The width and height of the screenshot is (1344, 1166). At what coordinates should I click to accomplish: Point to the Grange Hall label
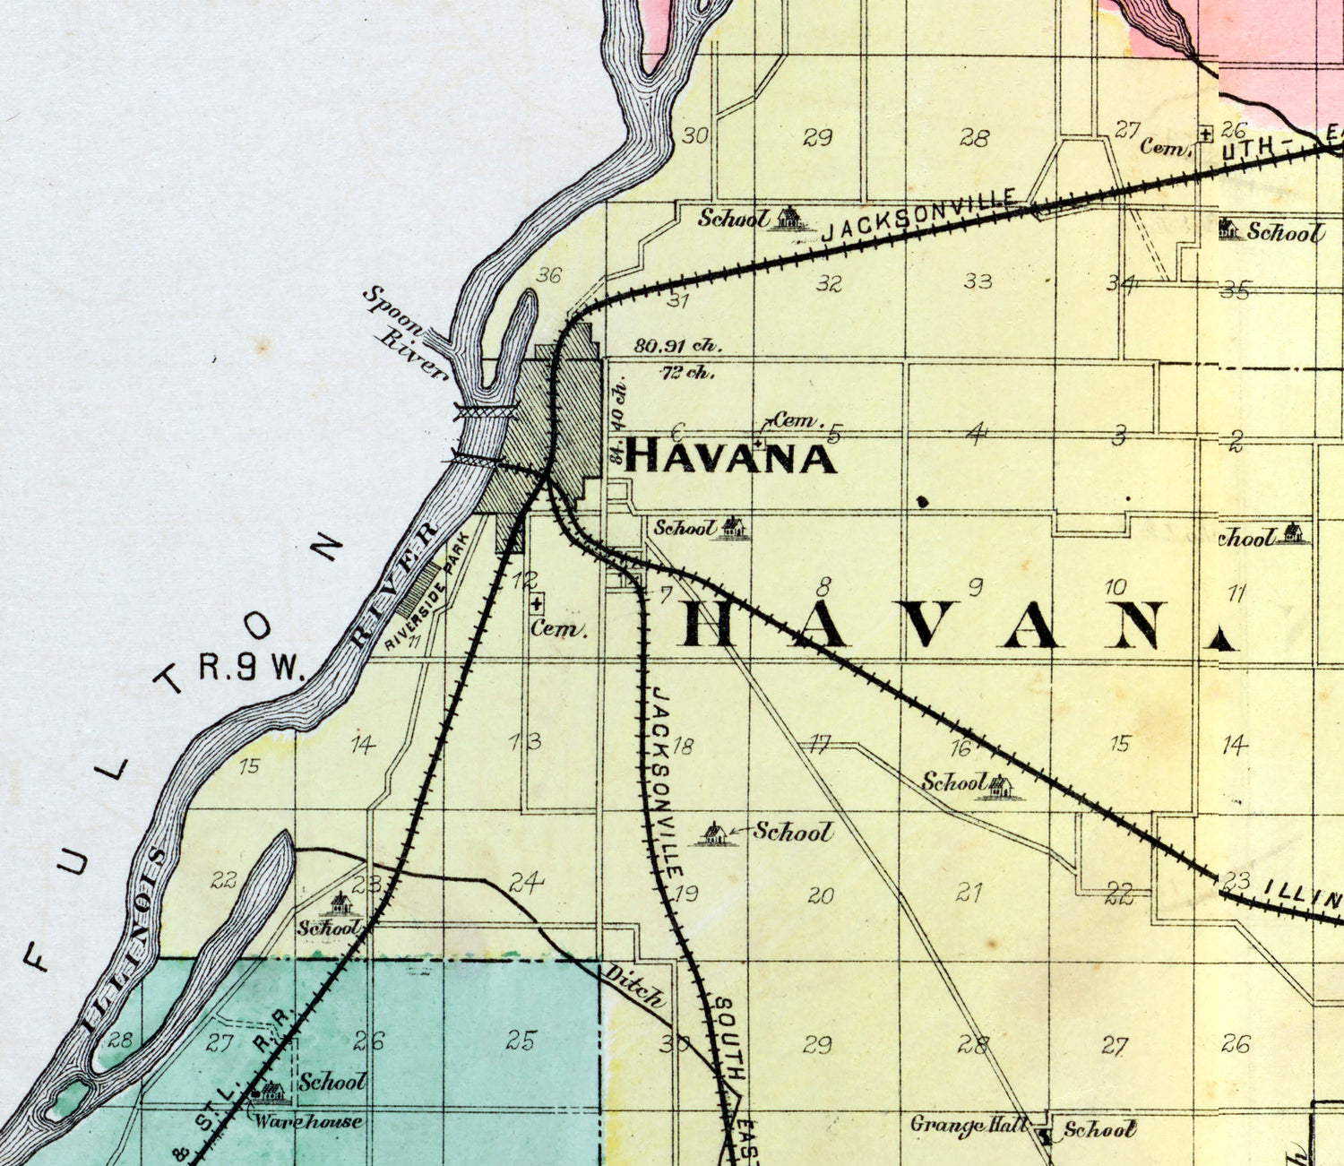pyautogui.click(x=968, y=1125)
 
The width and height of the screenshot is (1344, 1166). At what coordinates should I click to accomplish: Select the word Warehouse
pyautogui.click(x=307, y=1120)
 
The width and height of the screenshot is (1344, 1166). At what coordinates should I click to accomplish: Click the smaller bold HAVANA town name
pyautogui.click(x=730, y=457)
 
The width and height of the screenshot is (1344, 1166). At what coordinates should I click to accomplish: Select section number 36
pyautogui.click(x=548, y=275)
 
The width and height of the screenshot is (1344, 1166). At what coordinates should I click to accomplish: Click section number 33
pyautogui.click(x=978, y=281)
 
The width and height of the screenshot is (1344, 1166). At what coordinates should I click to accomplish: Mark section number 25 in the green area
pyautogui.click(x=521, y=1041)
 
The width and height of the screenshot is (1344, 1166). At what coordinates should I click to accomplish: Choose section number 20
pyautogui.click(x=820, y=894)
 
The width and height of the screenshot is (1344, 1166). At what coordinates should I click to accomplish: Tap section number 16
pyautogui.click(x=961, y=748)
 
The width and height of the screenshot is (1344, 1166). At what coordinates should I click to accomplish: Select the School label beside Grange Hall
pyautogui.click(x=1100, y=1129)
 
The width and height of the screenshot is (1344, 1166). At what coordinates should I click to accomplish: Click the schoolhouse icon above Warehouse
pyautogui.click(x=271, y=1092)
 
